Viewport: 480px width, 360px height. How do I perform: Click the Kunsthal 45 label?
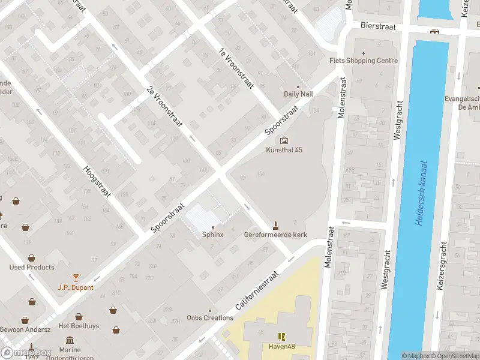coord(284,150)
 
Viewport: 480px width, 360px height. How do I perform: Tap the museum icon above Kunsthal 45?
coord(284,140)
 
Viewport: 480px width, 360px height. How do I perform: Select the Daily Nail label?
coord(298,94)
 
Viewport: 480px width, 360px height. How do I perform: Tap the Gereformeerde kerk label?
coord(275,235)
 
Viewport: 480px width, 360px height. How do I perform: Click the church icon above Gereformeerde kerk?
coord(275,225)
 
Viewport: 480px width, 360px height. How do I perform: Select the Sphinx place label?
coord(212,235)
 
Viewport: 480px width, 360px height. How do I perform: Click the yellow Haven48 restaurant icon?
coord(280,336)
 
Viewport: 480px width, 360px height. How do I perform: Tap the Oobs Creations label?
coord(210,318)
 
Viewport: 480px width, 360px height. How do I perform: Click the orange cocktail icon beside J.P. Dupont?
coord(76,278)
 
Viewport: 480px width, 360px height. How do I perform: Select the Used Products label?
coord(32,267)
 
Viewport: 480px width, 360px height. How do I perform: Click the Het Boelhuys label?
coord(79,326)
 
